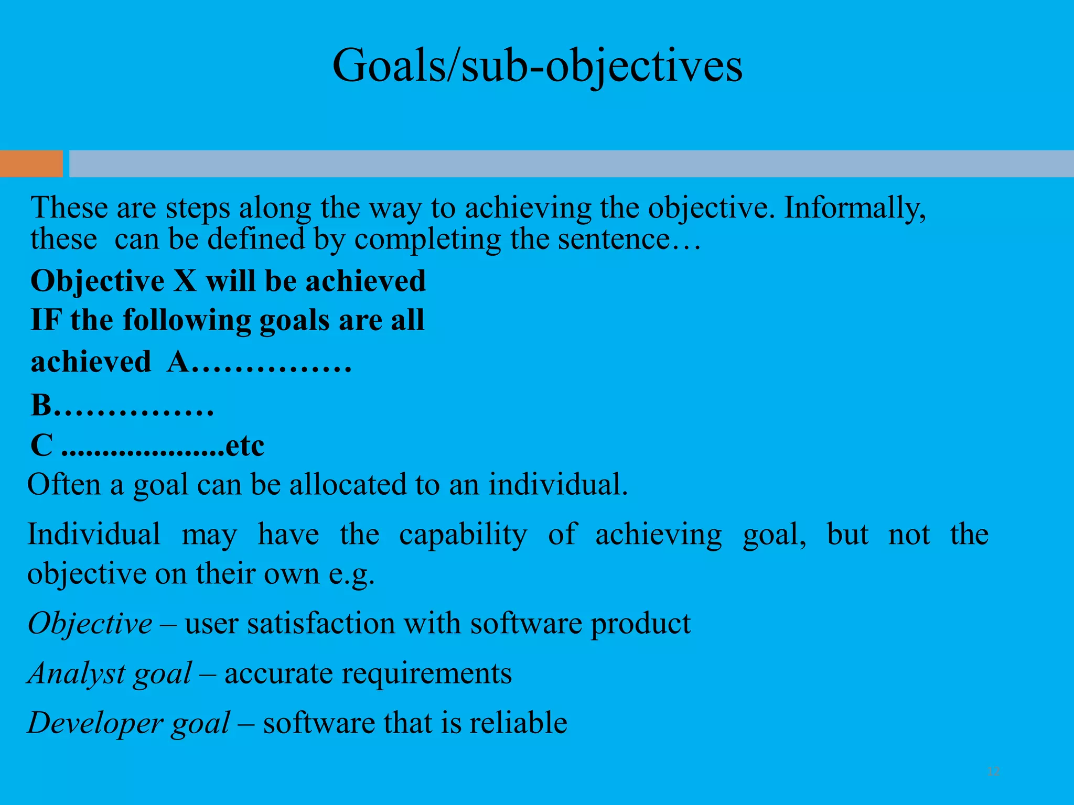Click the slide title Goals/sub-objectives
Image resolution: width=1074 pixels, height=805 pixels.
[x=537, y=66]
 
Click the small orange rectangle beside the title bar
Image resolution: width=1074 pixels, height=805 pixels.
[x=31, y=164]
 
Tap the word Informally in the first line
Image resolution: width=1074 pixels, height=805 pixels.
[x=855, y=208]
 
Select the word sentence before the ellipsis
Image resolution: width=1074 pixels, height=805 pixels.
[x=614, y=240]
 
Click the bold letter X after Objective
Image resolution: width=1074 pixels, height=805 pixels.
[x=185, y=281]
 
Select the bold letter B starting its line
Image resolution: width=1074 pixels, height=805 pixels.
[x=42, y=405]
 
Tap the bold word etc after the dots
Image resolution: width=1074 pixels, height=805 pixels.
[x=244, y=446]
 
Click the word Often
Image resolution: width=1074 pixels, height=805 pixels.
[x=63, y=484]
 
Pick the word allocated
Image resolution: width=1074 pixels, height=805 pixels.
[x=347, y=484]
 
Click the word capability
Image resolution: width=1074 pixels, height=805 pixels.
[x=463, y=535]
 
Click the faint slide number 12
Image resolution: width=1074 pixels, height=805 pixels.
[x=993, y=771]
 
